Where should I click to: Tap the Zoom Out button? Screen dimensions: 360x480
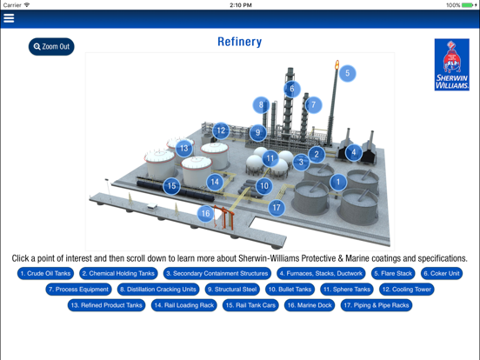(51, 46)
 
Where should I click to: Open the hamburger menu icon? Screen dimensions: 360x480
(9, 18)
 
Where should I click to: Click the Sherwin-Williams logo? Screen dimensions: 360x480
(451, 65)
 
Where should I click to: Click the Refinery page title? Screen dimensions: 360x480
(239, 42)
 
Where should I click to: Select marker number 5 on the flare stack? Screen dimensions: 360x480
(347, 73)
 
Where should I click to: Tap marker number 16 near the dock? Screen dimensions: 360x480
(205, 213)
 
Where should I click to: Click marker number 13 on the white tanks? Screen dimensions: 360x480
(183, 149)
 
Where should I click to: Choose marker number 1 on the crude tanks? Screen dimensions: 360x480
(337, 182)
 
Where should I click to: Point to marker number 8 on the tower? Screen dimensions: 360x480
(260, 105)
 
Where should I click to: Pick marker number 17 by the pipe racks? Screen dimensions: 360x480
(277, 208)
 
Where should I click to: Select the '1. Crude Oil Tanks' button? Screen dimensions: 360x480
(45, 273)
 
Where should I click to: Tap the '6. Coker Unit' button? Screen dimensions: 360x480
(442, 273)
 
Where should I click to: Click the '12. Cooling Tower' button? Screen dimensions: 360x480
(406, 290)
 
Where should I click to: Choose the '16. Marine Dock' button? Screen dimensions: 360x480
(310, 305)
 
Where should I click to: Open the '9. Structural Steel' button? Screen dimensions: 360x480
(232, 290)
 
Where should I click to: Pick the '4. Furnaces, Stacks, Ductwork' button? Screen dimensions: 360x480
(321, 273)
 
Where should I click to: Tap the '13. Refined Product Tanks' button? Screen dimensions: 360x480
(107, 305)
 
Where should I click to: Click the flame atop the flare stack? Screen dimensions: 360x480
(337, 64)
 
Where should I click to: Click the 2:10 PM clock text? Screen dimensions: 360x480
(240, 5)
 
